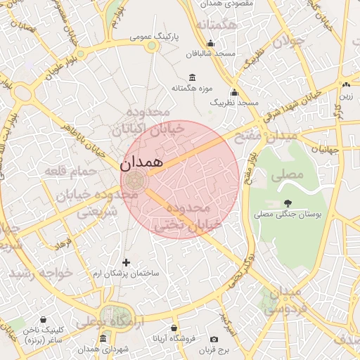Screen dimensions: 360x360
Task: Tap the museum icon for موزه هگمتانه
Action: pos(193,77)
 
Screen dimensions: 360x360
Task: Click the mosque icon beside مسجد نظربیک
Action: pos(234,92)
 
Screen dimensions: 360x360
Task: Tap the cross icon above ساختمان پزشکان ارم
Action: pos(127,262)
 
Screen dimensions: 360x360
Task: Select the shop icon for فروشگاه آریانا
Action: pos(174,328)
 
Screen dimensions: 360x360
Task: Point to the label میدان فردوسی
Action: pos(284,300)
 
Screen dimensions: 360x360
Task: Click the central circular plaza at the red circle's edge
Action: pos(138,180)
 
